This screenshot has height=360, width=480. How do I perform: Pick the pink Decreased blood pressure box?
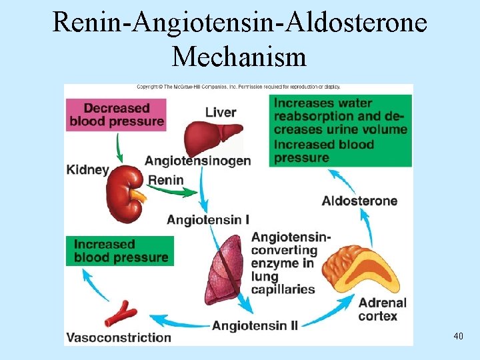[x=117, y=114]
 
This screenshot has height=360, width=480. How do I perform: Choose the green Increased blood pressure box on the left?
[x=120, y=251]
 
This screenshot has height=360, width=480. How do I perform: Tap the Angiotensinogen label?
[x=198, y=161]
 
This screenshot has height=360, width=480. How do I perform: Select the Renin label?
[x=165, y=180]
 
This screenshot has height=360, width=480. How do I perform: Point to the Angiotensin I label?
[x=208, y=220]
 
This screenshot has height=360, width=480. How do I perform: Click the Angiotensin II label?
[x=255, y=325]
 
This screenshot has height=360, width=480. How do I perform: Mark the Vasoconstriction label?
[x=119, y=337]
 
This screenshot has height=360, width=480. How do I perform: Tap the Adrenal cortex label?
[x=378, y=309]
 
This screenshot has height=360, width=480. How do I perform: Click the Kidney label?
[x=87, y=169]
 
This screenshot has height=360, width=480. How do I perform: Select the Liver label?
[x=221, y=112]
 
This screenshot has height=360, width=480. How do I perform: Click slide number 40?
[x=457, y=336]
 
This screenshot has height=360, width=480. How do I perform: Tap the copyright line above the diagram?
[x=238, y=87]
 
